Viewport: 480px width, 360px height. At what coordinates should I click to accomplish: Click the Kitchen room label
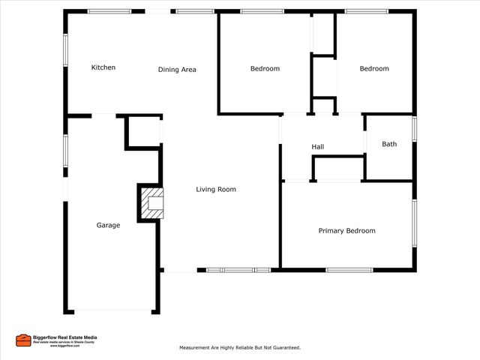click(x=103, y=67)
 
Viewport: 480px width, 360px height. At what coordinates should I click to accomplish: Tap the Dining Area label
click(x=177, y=70)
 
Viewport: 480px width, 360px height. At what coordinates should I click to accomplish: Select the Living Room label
click(x=216, y=190)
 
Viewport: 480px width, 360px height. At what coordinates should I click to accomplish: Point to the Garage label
click(x=108, y=225)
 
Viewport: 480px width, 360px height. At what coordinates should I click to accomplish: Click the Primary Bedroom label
click(x=346, y=231)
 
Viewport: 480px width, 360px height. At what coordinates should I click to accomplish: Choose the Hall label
click(x=318, y=147)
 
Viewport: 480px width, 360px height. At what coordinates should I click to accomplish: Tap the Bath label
click(x=389, y=144)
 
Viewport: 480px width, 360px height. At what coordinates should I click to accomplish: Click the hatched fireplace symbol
click(x=153, y=202)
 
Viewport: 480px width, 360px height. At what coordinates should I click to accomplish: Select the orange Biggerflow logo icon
click(x=23, y=340)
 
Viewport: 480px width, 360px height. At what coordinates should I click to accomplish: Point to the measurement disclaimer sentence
click(x=240, y=348)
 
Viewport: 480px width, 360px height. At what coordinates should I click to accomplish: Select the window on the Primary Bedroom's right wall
click(x=414, y=223)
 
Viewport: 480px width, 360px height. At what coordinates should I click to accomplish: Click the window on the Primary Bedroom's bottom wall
click(x=349, y=270)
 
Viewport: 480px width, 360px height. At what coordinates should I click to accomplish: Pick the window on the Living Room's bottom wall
click(x=238, y=270)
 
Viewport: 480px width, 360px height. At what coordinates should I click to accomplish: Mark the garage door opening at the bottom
click(x=112, y=311)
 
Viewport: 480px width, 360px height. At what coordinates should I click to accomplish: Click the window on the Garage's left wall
click(x=65, y=148)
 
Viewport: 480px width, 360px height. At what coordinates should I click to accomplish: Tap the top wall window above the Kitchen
click(x=109, y=11)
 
